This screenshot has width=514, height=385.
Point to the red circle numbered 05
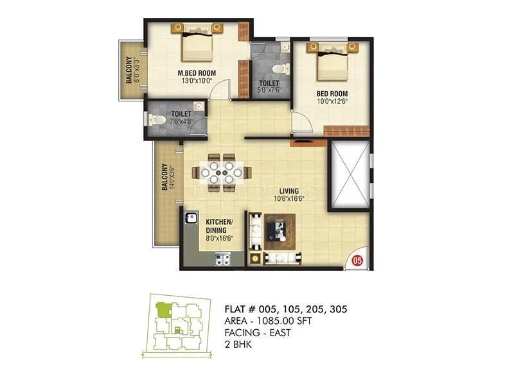point(358,260)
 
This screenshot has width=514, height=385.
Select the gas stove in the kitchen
point(223,259)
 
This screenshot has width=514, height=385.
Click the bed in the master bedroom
point(198,42)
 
